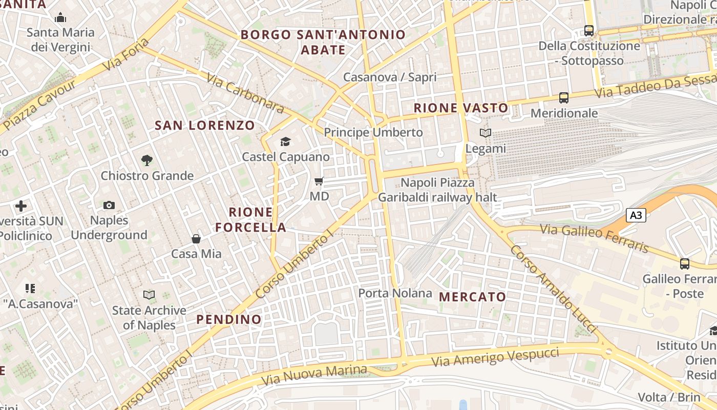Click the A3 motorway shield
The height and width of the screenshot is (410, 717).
(x=636, y=215)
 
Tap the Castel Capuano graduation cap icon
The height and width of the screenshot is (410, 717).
(x=285, y=141)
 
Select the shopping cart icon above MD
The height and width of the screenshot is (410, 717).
(x=319, y=181)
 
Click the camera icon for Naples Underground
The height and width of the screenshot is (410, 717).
(x=109, y=205)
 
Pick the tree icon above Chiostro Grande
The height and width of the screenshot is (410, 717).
(x=147, y=160)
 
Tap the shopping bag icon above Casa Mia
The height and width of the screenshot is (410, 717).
(x=196, y=238)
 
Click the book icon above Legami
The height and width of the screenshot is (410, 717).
(x=485, y=133)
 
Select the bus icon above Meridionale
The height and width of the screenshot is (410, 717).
(x=564, y=97)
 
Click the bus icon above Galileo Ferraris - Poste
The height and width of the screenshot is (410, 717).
(x=685, y=264)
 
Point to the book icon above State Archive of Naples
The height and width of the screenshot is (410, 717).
(x=149, y=295)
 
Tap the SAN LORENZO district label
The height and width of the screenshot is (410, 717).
(x=205, y=125)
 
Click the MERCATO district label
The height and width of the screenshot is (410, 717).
(x=472, y=297)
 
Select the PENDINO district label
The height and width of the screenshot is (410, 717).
(x=229, y=319)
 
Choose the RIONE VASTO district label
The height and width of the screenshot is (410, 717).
(x=461, y=108)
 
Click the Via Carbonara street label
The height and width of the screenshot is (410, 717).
(x=245, y=93)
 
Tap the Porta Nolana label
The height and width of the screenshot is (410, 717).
(x=395, y=293)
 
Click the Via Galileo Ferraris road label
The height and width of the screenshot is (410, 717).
(x=594, y=238)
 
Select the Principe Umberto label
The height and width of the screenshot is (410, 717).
(x=373, y=132)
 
